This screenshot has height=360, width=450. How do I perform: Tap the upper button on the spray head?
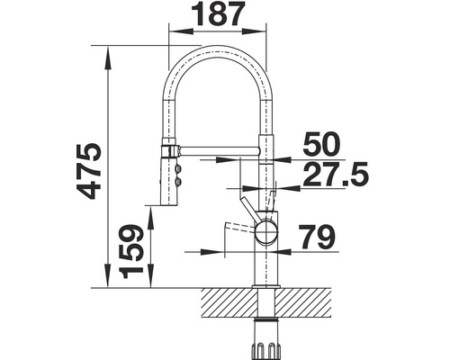[178, 168]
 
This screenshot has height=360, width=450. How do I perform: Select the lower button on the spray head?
[178, 184]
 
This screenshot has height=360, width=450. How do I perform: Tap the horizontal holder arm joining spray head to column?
[216, 144]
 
